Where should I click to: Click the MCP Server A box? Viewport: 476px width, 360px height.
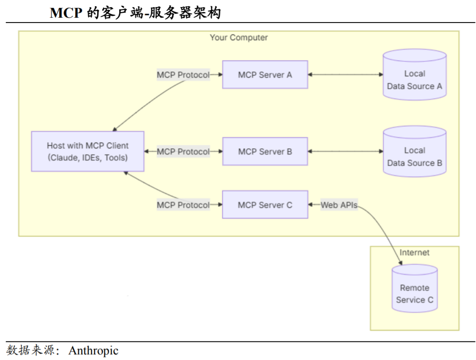point(265,75)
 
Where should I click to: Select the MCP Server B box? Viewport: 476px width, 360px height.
point(265,151)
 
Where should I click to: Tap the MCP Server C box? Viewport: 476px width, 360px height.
point(265,205)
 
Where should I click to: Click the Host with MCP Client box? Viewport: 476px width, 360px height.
point(87,151)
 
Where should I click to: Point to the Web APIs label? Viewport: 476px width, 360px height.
point(339,205)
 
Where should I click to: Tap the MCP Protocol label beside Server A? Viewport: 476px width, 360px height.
point(183,75)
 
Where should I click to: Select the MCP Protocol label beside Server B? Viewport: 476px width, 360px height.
point(183,151)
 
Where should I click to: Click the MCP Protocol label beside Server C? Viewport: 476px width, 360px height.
point(183,205)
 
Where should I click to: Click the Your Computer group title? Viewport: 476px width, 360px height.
point(239,37)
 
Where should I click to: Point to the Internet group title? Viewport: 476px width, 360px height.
point(414,253)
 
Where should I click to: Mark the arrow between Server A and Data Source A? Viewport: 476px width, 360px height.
point(345,75)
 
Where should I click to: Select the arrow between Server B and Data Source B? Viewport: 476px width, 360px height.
point(345,151)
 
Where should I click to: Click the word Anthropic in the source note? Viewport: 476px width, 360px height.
point(94,351)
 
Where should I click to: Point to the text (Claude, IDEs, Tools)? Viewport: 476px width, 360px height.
point(87,157)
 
